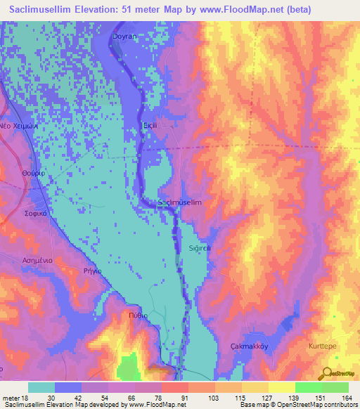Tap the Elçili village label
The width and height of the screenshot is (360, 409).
(151, 125)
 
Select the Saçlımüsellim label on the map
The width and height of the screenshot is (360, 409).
(179, 202)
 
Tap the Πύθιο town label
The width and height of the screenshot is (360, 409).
(139, 316)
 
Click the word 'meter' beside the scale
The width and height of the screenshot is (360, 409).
(11, 398)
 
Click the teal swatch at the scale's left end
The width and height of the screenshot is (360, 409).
(41, 387)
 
